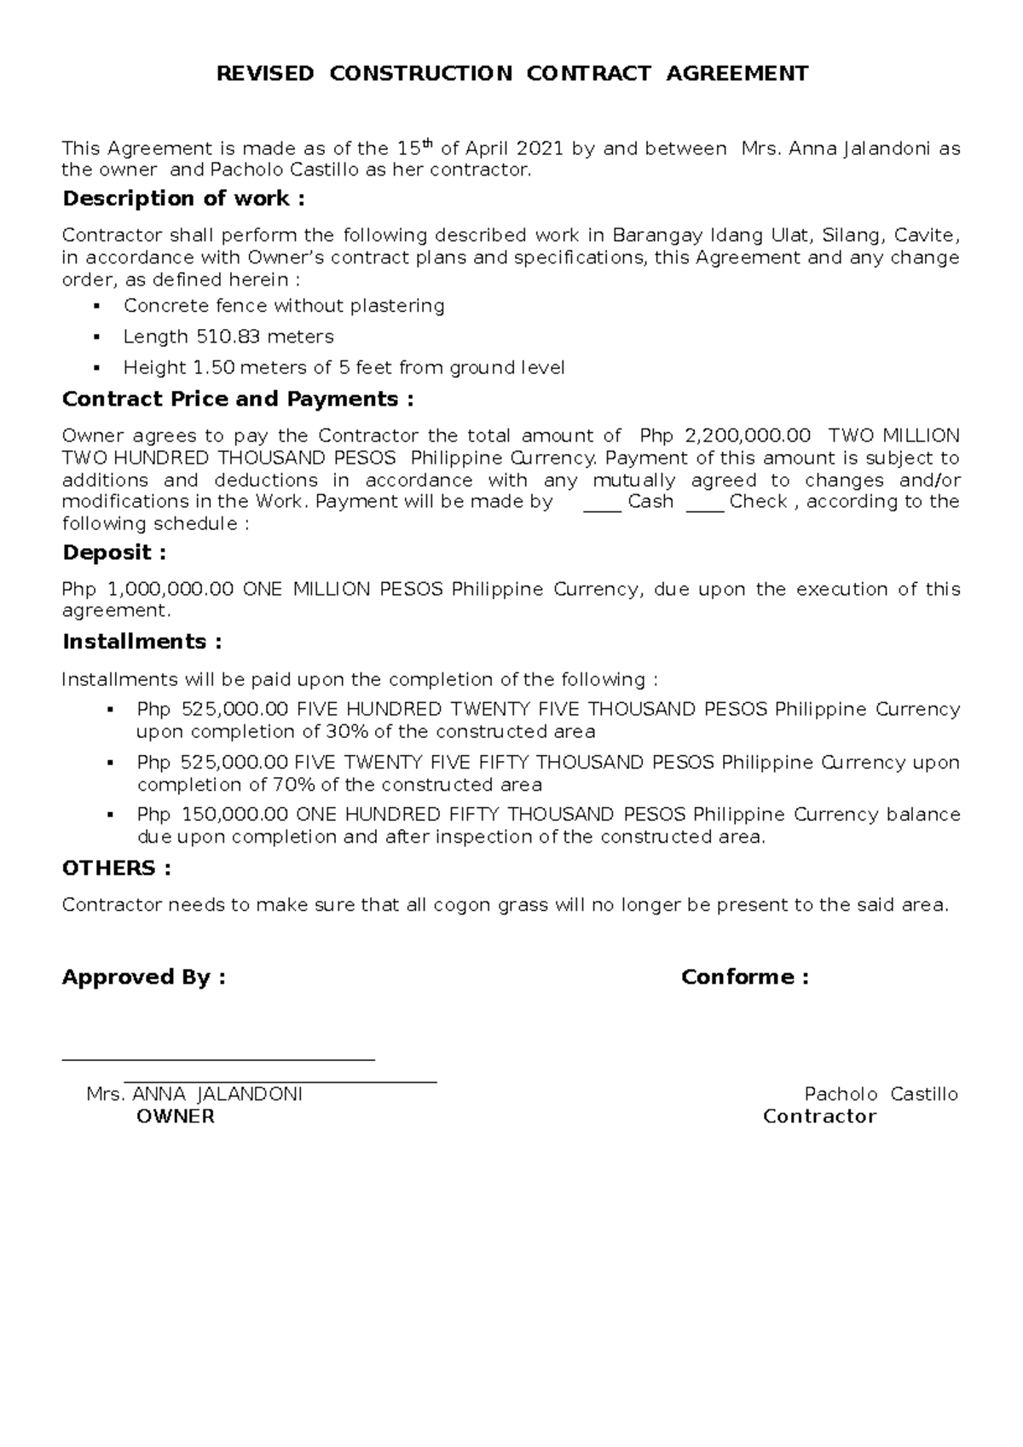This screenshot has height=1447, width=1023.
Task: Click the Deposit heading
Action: [113, 552]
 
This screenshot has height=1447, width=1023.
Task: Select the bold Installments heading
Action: [142, 642]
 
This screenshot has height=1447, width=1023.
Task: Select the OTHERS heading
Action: [116, 868]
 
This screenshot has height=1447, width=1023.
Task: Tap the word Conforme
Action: [737, 977]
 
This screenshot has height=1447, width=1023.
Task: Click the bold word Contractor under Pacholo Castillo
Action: [819, 1117]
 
